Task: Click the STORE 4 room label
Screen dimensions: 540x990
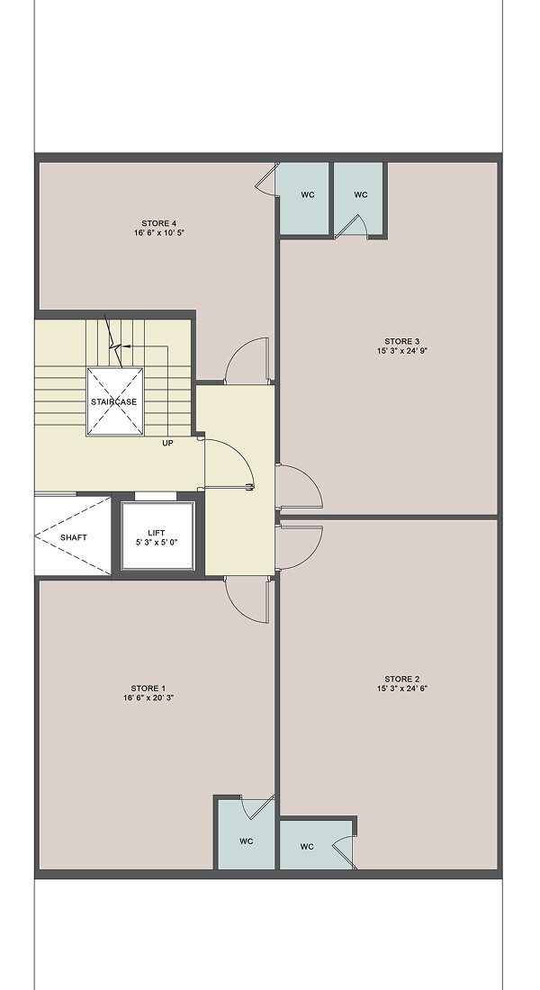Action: point(159,223)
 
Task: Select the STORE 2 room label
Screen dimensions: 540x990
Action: point(402,679)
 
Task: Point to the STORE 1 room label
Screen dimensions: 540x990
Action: point(148,688)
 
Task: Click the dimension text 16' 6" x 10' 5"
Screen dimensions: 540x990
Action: point(159,233)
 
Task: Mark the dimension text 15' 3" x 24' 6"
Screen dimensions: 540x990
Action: point(402,688)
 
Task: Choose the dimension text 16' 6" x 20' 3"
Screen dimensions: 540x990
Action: point(148,697)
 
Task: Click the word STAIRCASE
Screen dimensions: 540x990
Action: point(113,401)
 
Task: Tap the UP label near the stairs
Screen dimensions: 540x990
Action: point(167,443)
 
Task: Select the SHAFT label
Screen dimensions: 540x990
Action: point(73,538)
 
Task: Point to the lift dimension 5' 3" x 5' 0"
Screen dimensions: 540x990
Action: point(156,543)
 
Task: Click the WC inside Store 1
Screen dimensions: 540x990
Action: point(247,841)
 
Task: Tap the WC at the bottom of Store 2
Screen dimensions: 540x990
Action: point(307,847)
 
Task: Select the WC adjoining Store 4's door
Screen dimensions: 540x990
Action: point(308,195)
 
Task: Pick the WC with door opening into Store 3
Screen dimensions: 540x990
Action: point(361,195)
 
